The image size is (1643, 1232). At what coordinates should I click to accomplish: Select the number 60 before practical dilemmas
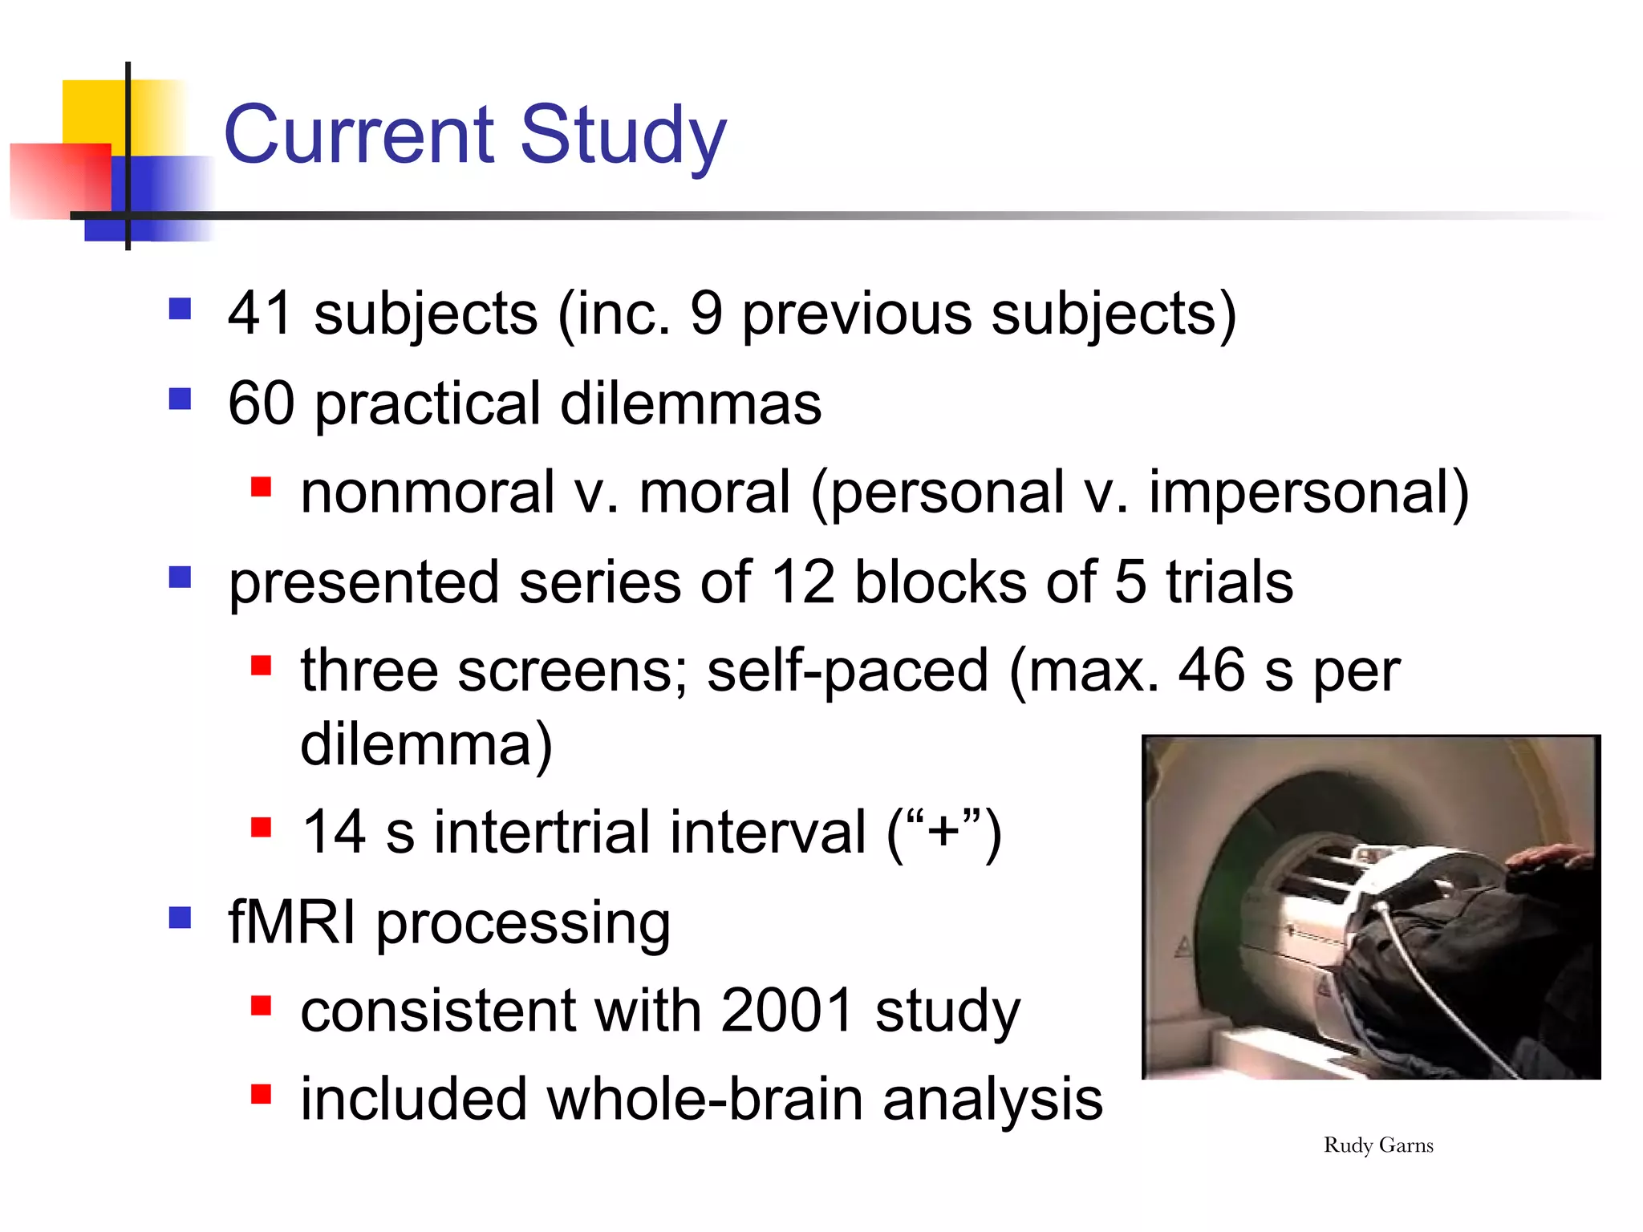[x=262, y=403]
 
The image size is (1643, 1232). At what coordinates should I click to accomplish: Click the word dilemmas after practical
[x=691, y=403]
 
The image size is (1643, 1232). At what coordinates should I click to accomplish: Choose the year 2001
[x=787, y=1011]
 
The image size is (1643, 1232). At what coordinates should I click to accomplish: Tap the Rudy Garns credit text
[x=1378, y=1145]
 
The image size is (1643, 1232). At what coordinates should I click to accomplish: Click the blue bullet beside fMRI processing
[x=181, y=918]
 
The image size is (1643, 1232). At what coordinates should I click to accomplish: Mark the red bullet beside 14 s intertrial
[x=261, y=827]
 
